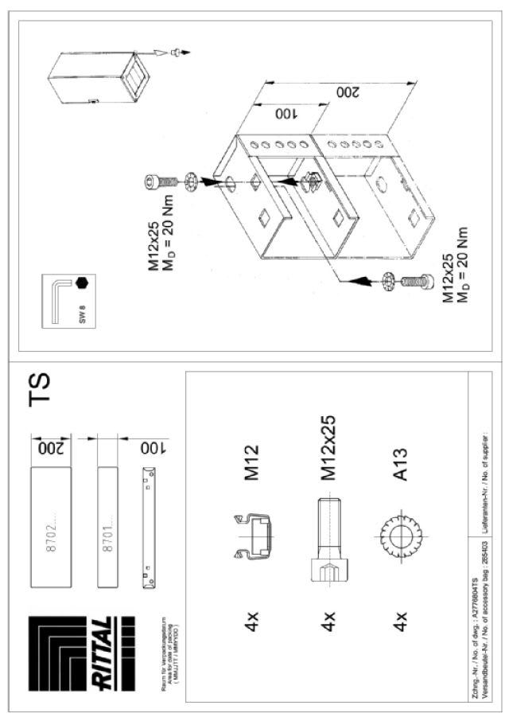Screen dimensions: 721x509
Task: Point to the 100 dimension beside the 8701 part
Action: pyautogui.click(x=149, y=447)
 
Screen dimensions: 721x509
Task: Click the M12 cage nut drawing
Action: pyautogui.click(x=252, y=541)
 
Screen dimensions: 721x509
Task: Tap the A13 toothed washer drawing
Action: pyautogui.click(x=396, y=541)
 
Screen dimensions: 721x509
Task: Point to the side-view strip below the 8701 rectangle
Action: pyautogui.click(x=149, y=528)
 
